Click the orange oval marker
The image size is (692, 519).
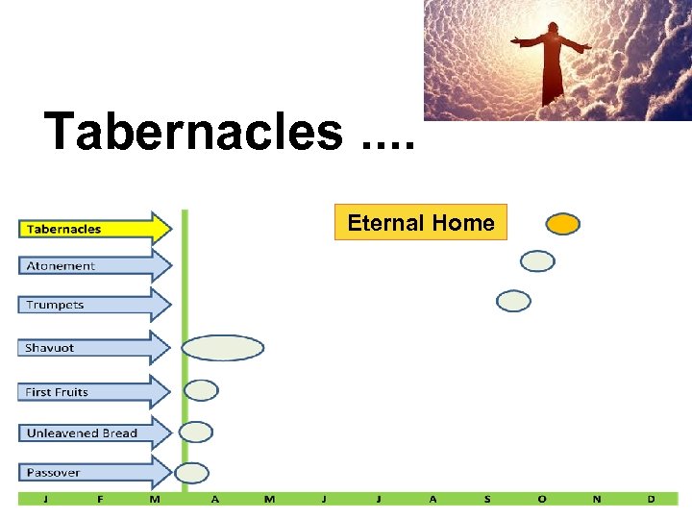[x=563, y=224]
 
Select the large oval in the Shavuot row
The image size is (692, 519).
[x=222, y=348]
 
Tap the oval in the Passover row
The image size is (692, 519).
[x=191, y=473]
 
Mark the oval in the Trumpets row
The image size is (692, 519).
[x=513, y=301]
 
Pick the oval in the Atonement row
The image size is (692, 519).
[x=537, y=260]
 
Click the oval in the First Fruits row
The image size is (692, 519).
[x=201, y=390]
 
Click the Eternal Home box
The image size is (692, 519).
[x=420, y=223]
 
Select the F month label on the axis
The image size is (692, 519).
[x=100, y=499]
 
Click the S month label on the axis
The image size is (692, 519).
[x=487, y=499]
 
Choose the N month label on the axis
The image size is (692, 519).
[x=597, y=499]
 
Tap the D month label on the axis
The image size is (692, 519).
[x=652, y=499]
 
